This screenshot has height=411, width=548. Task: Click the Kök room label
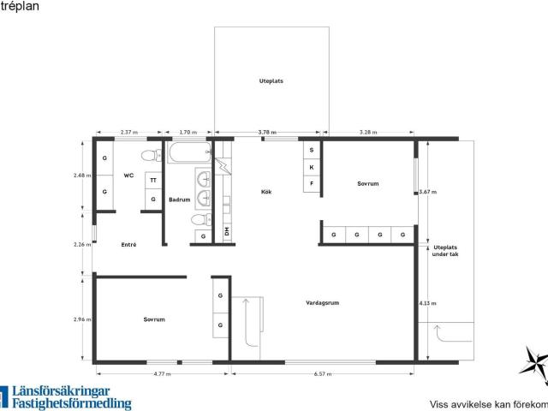tap(266, 192)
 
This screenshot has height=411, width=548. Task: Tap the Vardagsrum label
tap(322, 302)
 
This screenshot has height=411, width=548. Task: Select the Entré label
tap(128, 245)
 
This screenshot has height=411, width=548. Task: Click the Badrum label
tap(179, 200)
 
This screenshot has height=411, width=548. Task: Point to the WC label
tap(128, 176)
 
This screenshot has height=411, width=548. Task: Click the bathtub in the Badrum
tap(190, 152)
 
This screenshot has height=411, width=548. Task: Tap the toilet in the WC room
tap(152, 155)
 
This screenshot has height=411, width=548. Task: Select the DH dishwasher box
tap(227, 231)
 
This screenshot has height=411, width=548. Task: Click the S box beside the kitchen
tap(312, 151)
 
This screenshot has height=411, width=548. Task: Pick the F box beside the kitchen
tap(312, 183)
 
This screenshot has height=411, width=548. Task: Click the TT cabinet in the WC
tap(153, 181)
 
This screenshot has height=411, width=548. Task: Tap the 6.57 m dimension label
tap(322, 374)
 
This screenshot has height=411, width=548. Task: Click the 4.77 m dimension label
tap(162, 374)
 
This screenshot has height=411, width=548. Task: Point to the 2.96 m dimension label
tap(82, 319)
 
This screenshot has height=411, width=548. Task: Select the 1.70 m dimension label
tap(188, 132)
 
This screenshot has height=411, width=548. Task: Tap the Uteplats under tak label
tap(445, 251)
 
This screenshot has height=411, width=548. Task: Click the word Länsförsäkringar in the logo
tap(61, 391)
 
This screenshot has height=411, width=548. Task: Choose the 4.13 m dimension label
tap(428, 303)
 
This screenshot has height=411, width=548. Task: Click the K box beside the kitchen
tap(312, 168)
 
